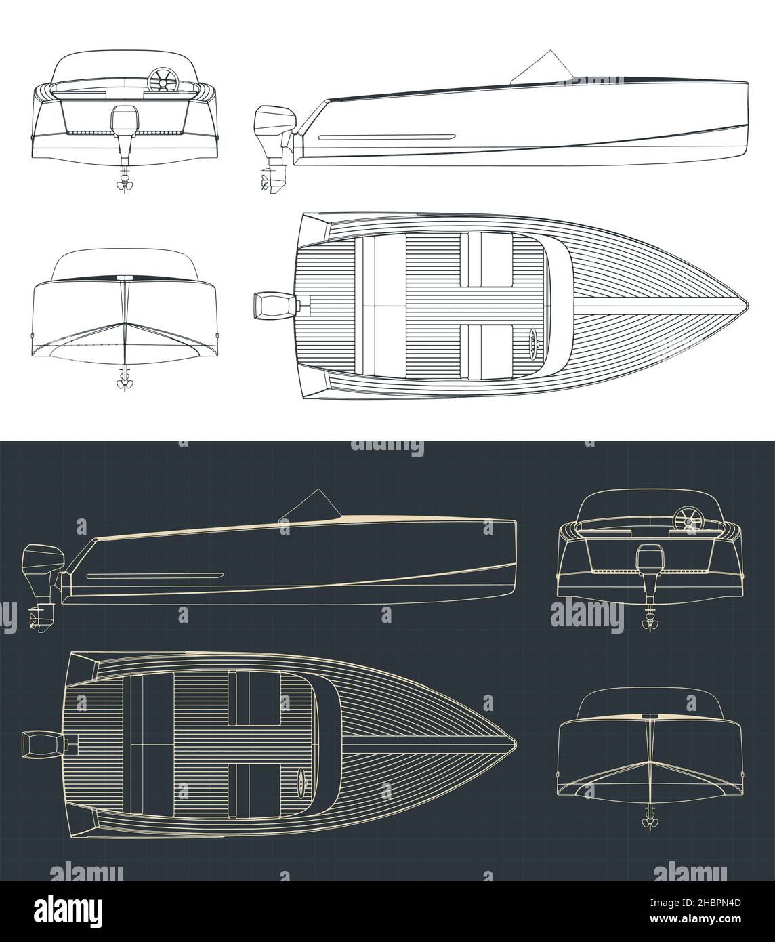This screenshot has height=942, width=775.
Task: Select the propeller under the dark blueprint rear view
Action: [649, 624]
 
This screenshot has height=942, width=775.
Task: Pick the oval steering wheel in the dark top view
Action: [301, 779]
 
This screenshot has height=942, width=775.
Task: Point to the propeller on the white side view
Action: [264, 181]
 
